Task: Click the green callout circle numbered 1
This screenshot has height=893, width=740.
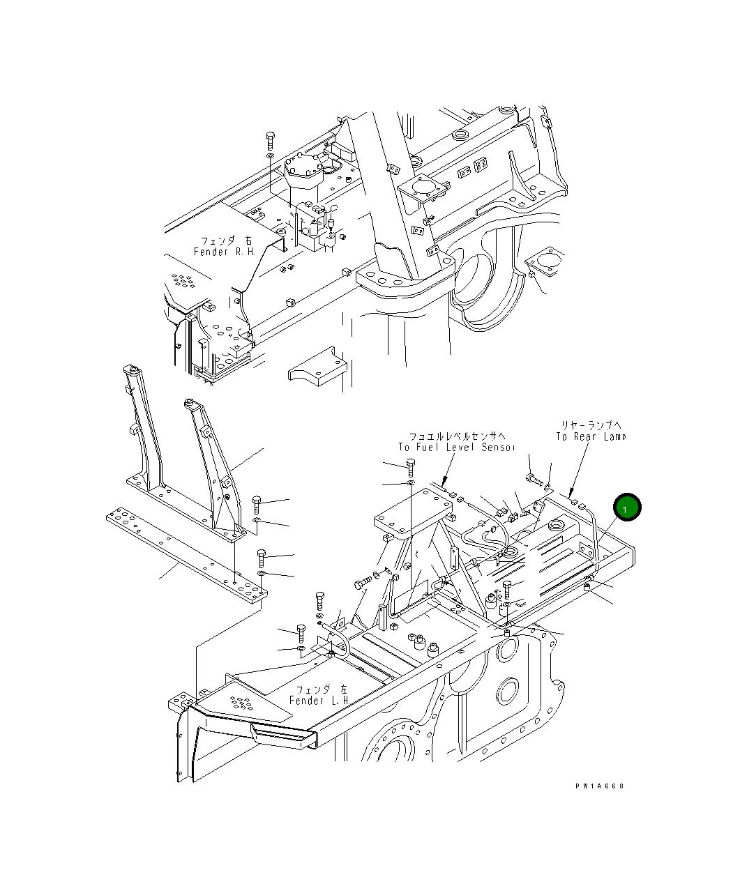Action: (x=626, y=509)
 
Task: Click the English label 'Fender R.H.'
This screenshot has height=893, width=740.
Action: (x=224, y=252)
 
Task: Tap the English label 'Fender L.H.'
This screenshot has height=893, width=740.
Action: (x=319, y=700)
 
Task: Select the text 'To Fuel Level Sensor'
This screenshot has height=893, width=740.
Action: (x=456, y=447)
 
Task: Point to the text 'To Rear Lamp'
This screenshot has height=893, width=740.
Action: (x=590, y=436)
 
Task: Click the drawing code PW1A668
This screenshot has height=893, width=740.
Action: (x=599, y=786)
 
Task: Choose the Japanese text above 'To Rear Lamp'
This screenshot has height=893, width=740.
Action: (x=591, y=424)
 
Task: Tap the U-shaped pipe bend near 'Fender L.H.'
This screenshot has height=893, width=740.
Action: (x=337, y=640)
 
